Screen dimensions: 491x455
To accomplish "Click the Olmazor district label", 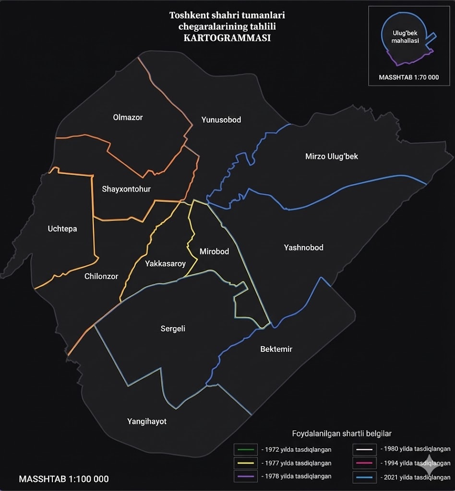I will pos(128,117).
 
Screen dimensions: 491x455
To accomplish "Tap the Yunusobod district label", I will pos(221,119).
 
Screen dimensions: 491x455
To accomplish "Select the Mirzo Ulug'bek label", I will pos(331,156).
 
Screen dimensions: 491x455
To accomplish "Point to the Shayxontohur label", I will pos(126,189).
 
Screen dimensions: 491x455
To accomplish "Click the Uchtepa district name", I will pos(62,229).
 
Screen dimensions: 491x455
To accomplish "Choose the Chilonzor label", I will pos(101,276).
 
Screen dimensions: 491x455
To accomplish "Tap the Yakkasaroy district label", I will pos(165,263).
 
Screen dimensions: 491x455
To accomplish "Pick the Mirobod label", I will pos(214,251).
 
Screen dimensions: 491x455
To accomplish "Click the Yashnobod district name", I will pos(303,247).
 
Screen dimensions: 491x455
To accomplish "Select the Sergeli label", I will pos(173,328).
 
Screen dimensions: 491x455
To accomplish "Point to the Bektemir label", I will pos(276,349).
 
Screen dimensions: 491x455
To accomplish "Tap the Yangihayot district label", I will pos(147,421).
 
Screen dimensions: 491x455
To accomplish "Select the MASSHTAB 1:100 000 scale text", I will pos(63,479).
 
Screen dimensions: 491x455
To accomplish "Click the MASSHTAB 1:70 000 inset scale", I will pos(408,77).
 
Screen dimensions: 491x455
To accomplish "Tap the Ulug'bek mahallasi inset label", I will pos(406,37).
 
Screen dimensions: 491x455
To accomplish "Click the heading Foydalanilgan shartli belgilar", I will pos(342,433).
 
